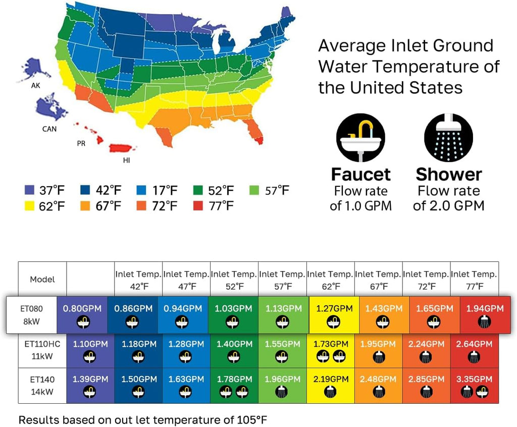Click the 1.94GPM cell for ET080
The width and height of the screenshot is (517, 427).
[x=485, y=314]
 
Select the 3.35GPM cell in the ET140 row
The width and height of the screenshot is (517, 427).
[x=475, y=386]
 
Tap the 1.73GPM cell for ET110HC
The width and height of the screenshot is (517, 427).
[x=331, y=350]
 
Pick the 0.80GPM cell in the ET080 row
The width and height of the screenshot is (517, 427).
[x=82, y=314]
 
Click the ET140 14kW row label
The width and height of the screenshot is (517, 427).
[x=42, y=386]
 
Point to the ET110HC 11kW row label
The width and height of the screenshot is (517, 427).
[x=42, y=350]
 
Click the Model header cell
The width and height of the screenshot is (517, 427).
[x=42, y=279]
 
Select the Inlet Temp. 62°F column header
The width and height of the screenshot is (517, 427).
[x=331, y=280]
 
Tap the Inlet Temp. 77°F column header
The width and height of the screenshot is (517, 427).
[x=475, y=280]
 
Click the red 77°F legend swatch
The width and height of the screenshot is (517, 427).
[x=198, y=206]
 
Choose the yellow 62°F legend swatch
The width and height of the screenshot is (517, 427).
[x=29, y=206]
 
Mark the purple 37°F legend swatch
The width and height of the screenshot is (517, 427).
[x=29, y=190]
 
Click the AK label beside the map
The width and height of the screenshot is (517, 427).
[x=36, y=85]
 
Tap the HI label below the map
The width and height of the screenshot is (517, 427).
[x=126, y=160]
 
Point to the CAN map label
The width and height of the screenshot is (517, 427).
[x=49, y=129]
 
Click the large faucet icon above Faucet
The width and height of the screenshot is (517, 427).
[x=360, y=137]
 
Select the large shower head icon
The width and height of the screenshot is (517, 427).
[x=448, y=137]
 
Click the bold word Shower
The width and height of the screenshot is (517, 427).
[x=449, y=175]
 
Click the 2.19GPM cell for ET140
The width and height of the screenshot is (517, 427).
[x=331, y=386]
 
